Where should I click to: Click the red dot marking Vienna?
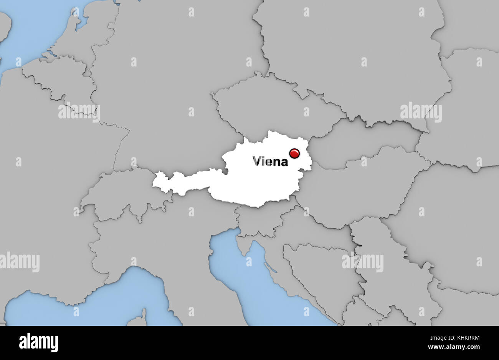click(x=295, y=153)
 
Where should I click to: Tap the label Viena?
click(x=270, y=162)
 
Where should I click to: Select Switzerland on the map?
click(x=123, y=196)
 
